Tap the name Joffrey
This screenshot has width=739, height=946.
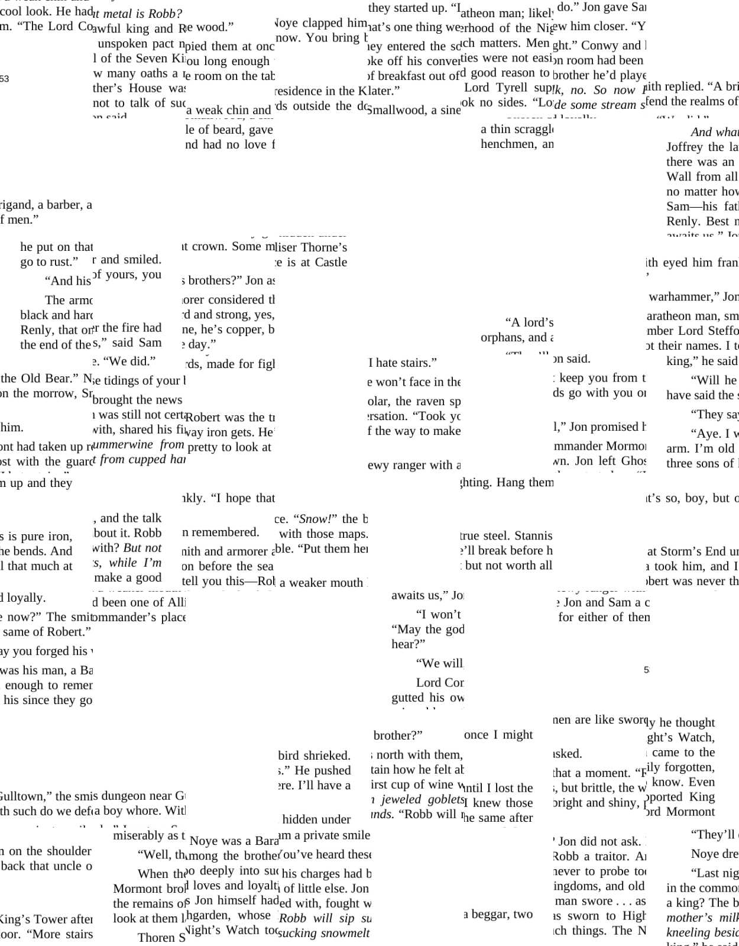[686, 147]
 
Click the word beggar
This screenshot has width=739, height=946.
[490, 914]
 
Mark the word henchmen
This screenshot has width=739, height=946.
[508, 144]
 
